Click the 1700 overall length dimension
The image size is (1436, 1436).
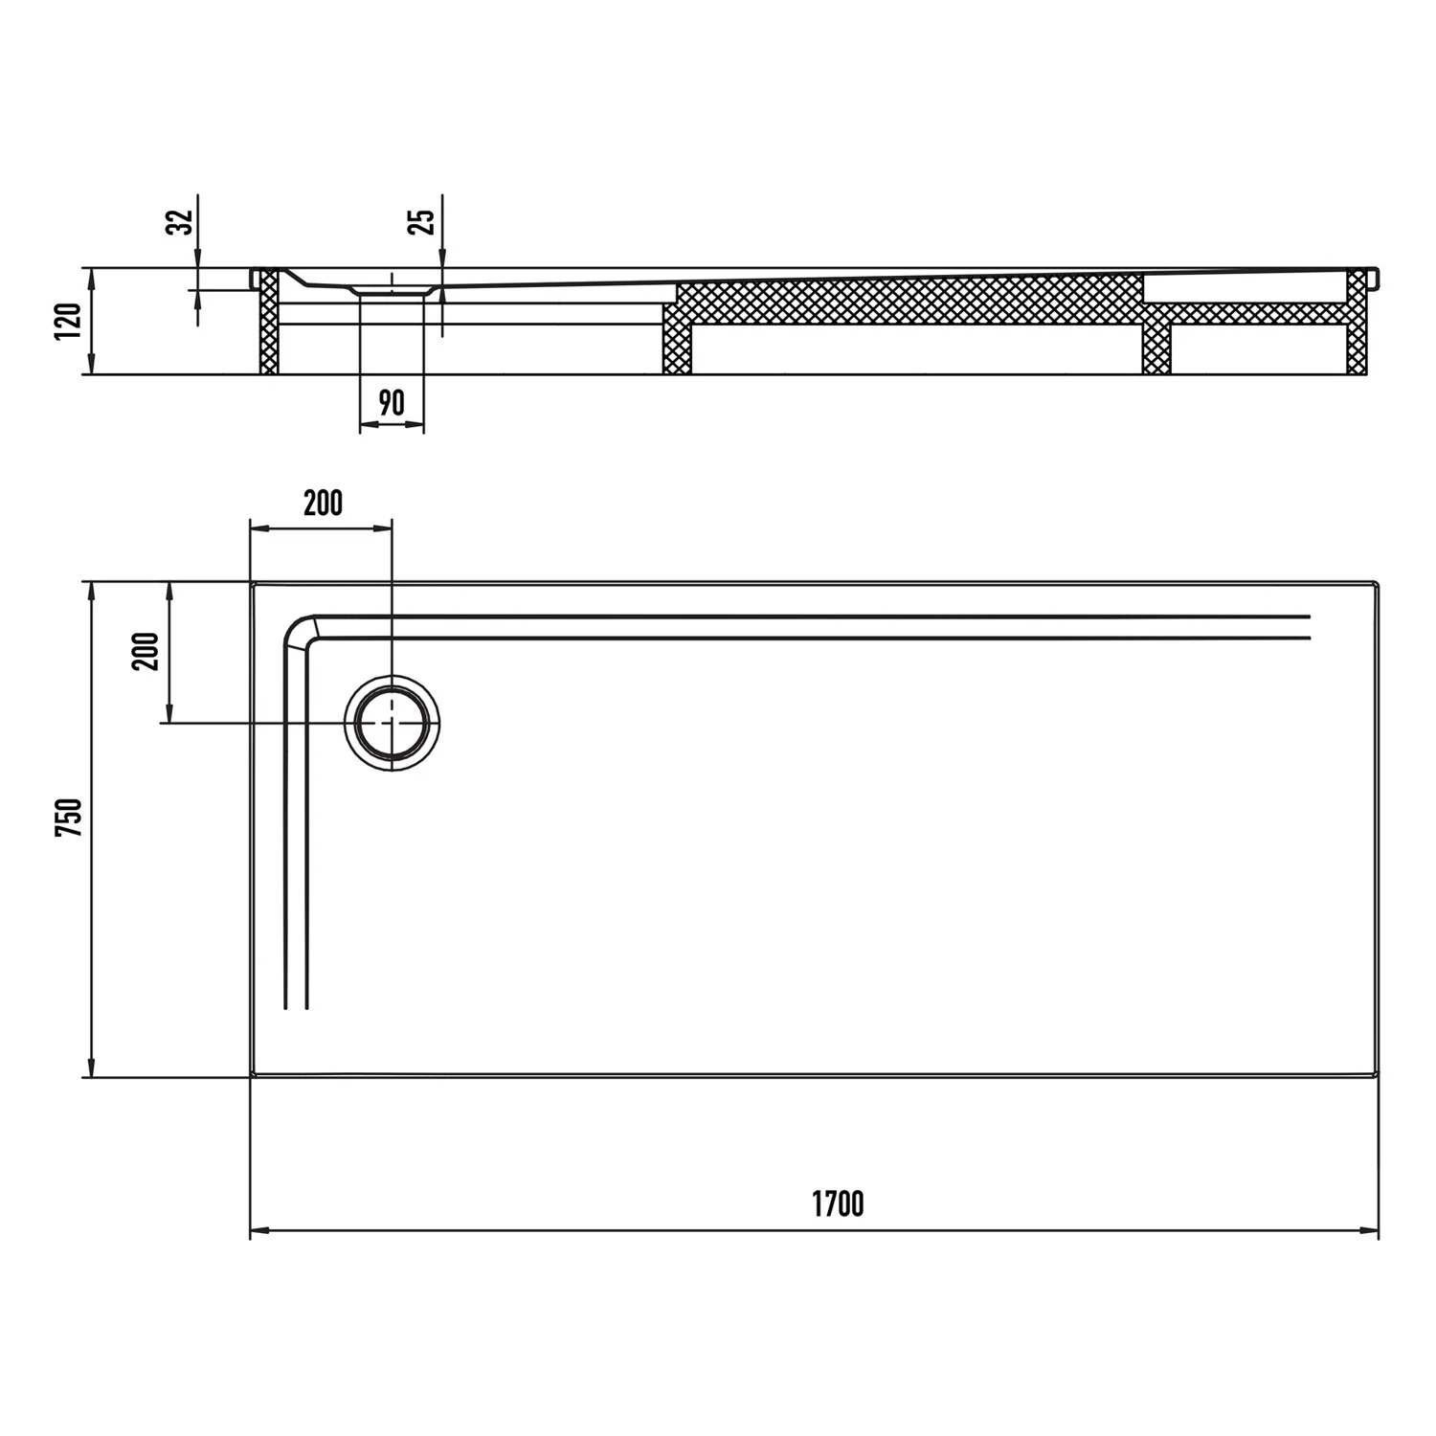coord(838,1203)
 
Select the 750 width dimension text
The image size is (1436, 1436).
coord(69,818)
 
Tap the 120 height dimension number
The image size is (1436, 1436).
coord(68,323)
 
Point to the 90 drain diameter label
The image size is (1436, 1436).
coord(391,403)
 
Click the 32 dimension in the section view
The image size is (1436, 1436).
coord(182,221)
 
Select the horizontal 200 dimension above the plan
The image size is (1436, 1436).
coord(323,503)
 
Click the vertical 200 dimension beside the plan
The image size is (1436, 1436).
coord(146,651)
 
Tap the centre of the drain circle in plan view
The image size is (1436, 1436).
coord(393,723)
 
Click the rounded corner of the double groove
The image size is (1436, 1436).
coord(299,630)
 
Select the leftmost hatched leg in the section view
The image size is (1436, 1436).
coord(269,322)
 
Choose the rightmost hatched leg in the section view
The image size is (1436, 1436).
coord(1357,322)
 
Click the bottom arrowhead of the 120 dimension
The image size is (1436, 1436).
coord(92,366)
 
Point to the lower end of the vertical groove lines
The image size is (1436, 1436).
coord(296,1007)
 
